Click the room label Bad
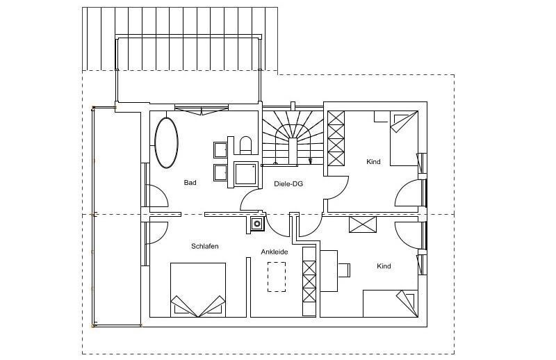click(190, 183)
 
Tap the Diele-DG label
click(288, 184)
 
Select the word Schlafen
click(205, 246)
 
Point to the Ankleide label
click(275, 252)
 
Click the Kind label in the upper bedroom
click(373, 162)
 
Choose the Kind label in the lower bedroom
click(384, 266)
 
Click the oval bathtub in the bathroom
click(165, 142)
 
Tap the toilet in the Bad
click(244, 145)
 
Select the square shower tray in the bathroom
click(246, 173)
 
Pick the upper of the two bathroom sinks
click(220, 149)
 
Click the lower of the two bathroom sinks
click(220, 172)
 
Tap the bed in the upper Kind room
click(403, 138)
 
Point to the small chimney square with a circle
click(256, 223)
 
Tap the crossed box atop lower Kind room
click(363, 224)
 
